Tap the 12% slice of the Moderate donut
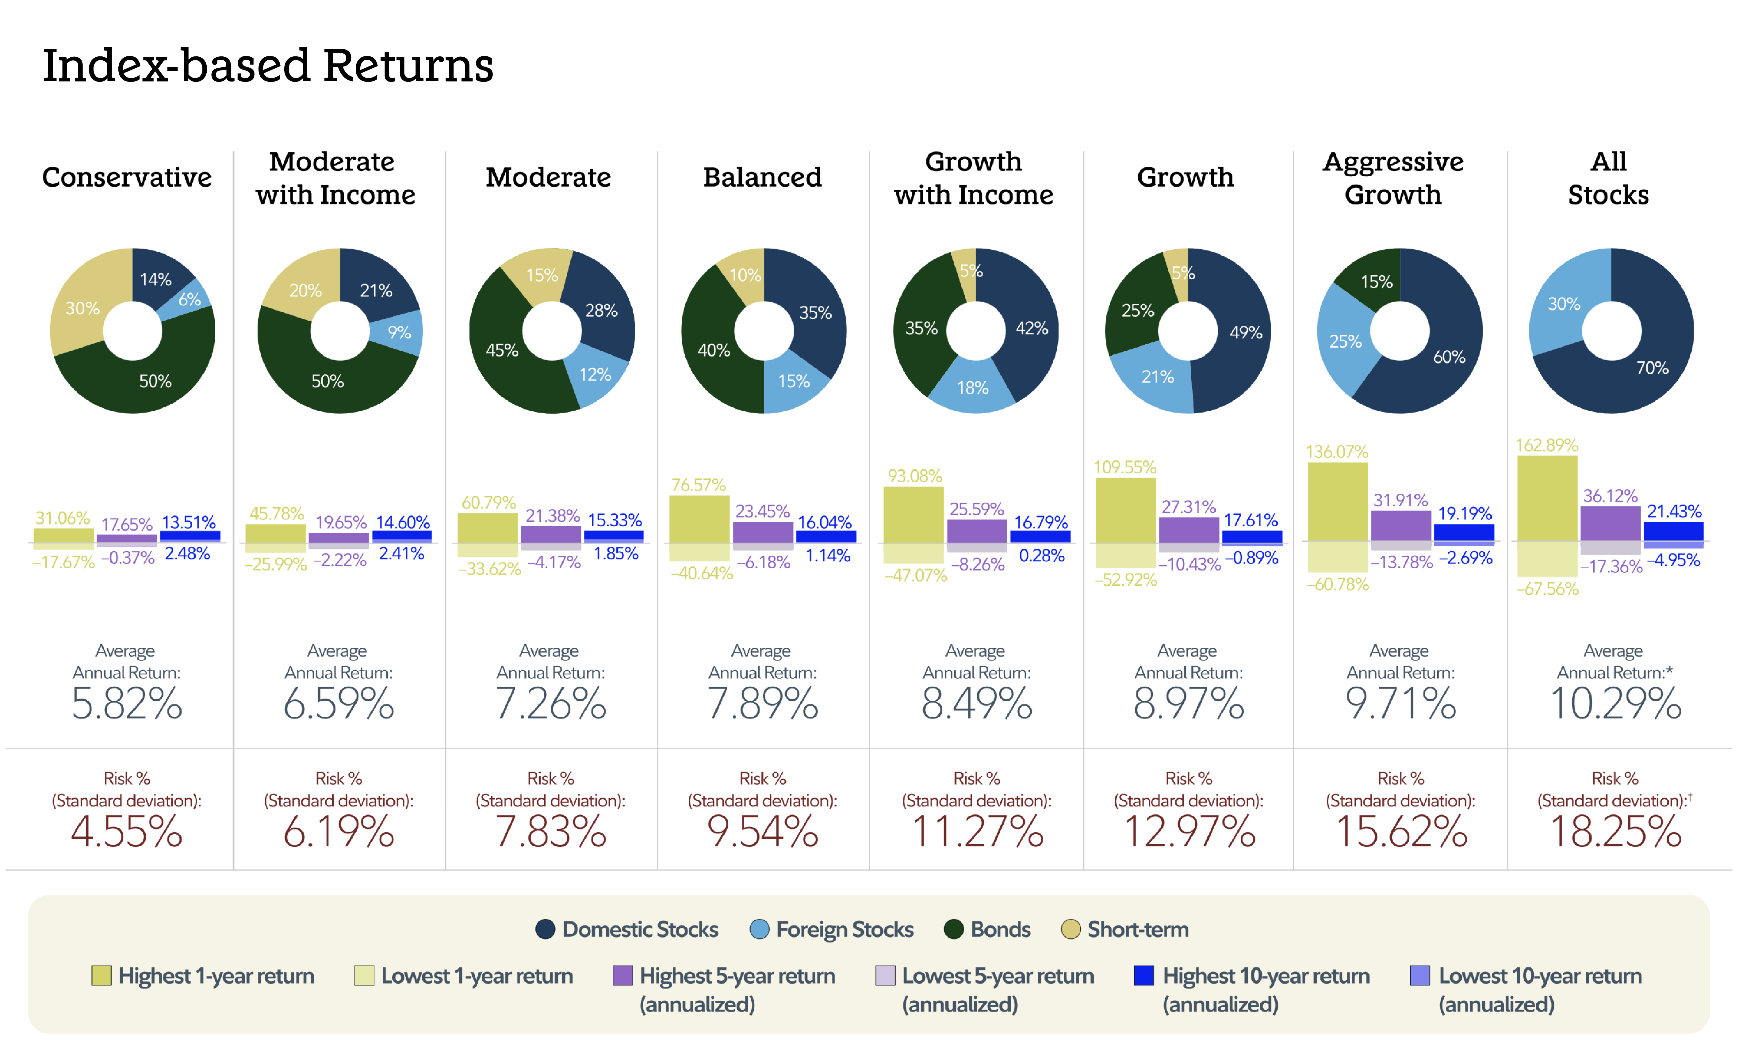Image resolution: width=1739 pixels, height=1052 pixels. point(594,375)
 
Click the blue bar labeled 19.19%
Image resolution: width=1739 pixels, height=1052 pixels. point(1464,533)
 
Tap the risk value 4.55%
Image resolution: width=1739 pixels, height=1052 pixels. point(127,831)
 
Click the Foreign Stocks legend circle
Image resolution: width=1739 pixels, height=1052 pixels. point(759,929)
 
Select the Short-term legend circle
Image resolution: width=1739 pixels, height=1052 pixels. point(1070,929)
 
